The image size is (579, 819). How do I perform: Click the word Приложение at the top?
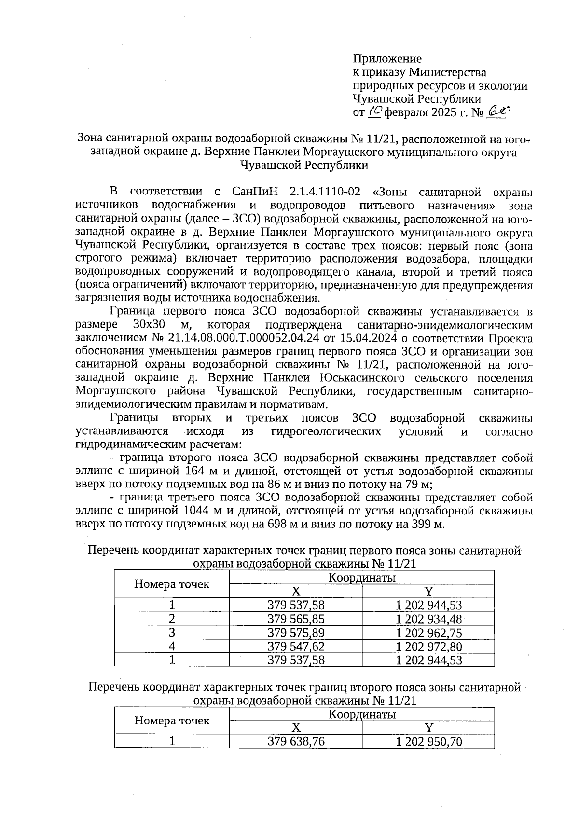387,59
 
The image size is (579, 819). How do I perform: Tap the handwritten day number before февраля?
375,112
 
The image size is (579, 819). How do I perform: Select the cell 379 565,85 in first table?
296,619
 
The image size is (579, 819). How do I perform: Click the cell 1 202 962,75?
428,633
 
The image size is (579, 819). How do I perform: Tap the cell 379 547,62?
296,646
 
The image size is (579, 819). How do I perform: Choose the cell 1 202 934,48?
428,619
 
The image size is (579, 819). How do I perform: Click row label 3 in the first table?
172,633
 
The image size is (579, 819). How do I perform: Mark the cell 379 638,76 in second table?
296,741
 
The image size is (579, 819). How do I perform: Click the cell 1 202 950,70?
428,741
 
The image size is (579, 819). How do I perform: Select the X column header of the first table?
296,591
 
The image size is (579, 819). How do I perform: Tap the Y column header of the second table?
428,728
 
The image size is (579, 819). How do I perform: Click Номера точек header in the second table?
172,721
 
